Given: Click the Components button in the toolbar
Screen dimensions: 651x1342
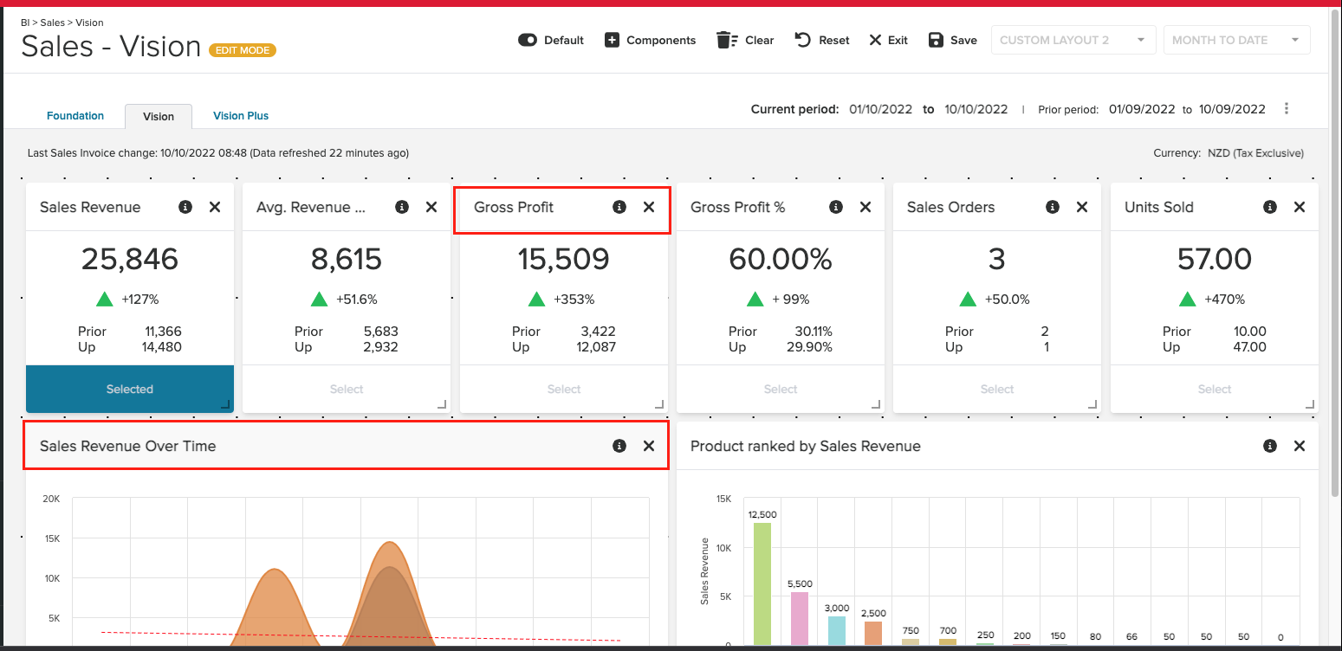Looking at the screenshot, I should (650, 40).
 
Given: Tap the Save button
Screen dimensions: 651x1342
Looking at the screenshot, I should (952, 40).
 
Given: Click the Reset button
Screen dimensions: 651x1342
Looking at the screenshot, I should (822, 40).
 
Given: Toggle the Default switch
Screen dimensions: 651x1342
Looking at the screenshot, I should (528, 40).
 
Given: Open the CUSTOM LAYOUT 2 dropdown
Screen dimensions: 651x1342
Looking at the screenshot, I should (1073, 40).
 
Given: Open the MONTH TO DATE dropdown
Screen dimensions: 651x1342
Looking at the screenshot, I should (1235, 40).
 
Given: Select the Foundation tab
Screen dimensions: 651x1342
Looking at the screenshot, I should (75, 115).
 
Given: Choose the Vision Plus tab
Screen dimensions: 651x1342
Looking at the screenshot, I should (241, 115).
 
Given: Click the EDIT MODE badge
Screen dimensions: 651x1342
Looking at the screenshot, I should (243, 50).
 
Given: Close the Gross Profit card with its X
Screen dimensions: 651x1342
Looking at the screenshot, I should (648, 207).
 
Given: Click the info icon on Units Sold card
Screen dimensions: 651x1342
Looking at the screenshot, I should (1269, 207).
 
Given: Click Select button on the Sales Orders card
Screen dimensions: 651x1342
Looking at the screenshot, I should (996, 390).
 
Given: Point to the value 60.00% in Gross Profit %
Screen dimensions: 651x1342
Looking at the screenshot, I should (780, 259).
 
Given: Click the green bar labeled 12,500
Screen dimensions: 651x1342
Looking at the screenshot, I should (762, 583).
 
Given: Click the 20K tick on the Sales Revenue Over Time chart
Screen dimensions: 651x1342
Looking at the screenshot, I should (51, 499).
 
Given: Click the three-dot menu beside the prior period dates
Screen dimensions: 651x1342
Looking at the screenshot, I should (1287, 109).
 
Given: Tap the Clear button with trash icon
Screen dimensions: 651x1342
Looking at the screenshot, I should (745, 40).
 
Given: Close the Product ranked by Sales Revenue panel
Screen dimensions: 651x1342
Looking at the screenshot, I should (1299, 446).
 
